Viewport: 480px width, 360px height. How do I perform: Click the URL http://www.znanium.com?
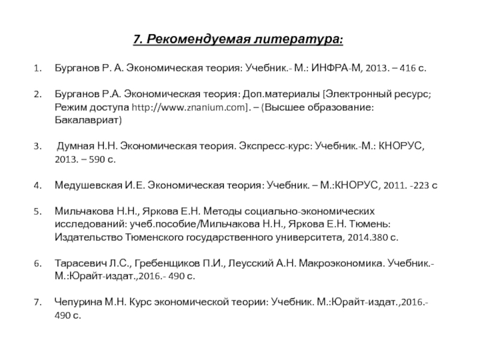[x=186, y=107]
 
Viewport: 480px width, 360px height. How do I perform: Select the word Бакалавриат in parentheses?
[x=88, y=120]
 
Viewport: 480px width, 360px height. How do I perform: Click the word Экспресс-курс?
[x=274, y=146]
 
